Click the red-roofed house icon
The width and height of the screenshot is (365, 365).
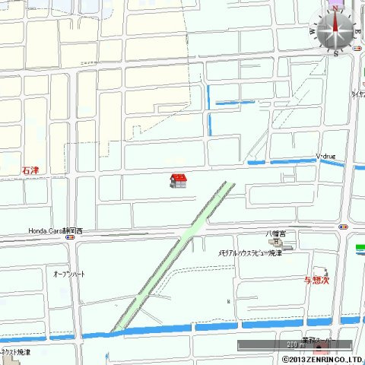[179, 180]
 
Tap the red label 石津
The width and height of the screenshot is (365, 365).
[30, 170]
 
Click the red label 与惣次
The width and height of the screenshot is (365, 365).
[316, 280]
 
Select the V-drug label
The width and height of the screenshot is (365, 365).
[326, 157]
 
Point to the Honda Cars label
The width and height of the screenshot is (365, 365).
[56, 230]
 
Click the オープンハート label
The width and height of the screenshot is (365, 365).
[69, 273]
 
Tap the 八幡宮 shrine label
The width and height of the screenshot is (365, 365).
[276, 233]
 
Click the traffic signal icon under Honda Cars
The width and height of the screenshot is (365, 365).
[70, 237]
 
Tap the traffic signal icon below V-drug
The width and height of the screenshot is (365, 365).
[344, 226]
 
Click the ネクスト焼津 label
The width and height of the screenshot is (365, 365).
[16, 353]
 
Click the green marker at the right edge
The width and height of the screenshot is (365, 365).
[360, 248]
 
